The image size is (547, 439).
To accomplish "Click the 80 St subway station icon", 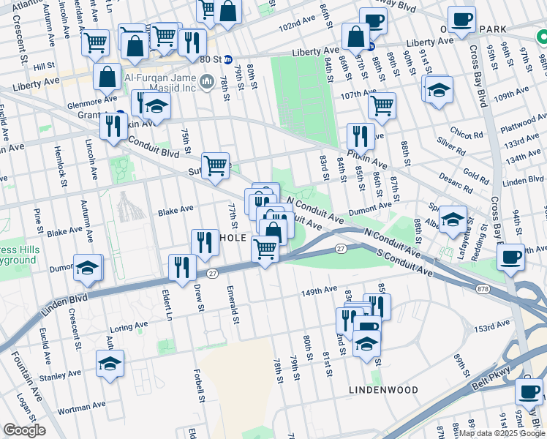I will click(228, 60).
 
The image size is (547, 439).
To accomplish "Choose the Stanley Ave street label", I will click(61, 377).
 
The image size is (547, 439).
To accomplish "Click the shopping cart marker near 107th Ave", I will click(382, 105).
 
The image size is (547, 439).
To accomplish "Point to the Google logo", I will click(24, 430).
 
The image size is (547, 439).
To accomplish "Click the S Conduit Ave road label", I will click(401, 262).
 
